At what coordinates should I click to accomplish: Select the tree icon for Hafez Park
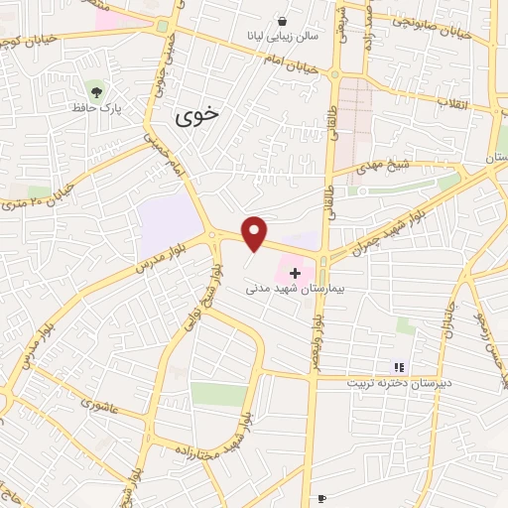tap(95, 88)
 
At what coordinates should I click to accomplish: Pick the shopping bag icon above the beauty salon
tap(283, 21)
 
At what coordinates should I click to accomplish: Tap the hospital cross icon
tap(294, 271)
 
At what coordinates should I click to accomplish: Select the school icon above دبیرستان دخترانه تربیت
tap(399, 367)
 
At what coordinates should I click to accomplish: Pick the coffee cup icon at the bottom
tap(320, 498)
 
